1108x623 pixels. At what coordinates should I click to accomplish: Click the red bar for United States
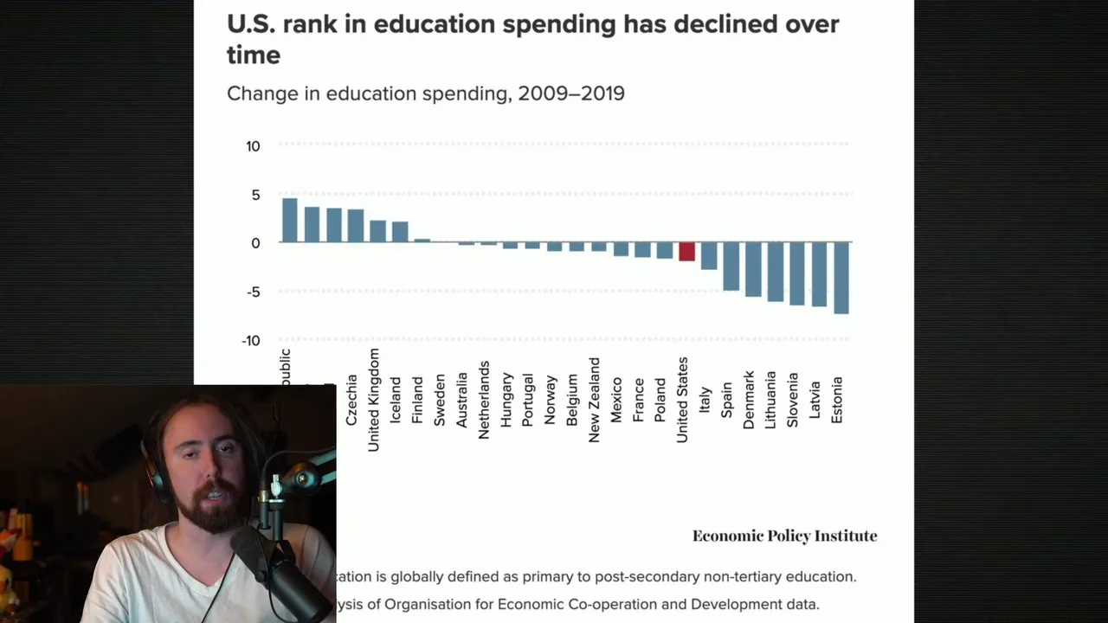tap(686, 251)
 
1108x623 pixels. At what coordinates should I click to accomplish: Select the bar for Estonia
tap(841, 277)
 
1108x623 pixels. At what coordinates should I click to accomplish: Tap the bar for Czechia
tap(356, 225)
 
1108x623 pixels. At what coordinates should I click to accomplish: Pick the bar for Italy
tap(709, 255)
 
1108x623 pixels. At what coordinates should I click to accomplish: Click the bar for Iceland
tap(400, 232)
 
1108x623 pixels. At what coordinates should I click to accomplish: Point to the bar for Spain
tap(731, 266)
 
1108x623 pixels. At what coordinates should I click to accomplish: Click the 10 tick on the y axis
tap(253, 146)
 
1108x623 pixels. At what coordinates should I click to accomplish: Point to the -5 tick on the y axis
tap(251, 292)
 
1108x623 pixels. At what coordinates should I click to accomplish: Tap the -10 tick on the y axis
tap(250, 341)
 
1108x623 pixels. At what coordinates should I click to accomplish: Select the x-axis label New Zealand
tap(594, 400)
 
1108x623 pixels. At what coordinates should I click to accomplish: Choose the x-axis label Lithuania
tap(770, 400)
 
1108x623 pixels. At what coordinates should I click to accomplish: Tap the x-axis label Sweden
tap(440, 400)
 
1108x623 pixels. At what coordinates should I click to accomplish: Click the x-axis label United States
tap(682, 400)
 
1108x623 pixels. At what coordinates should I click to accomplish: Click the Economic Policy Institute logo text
tap(784, 536)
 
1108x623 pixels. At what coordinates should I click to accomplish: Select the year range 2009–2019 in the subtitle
tap(570, 93)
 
